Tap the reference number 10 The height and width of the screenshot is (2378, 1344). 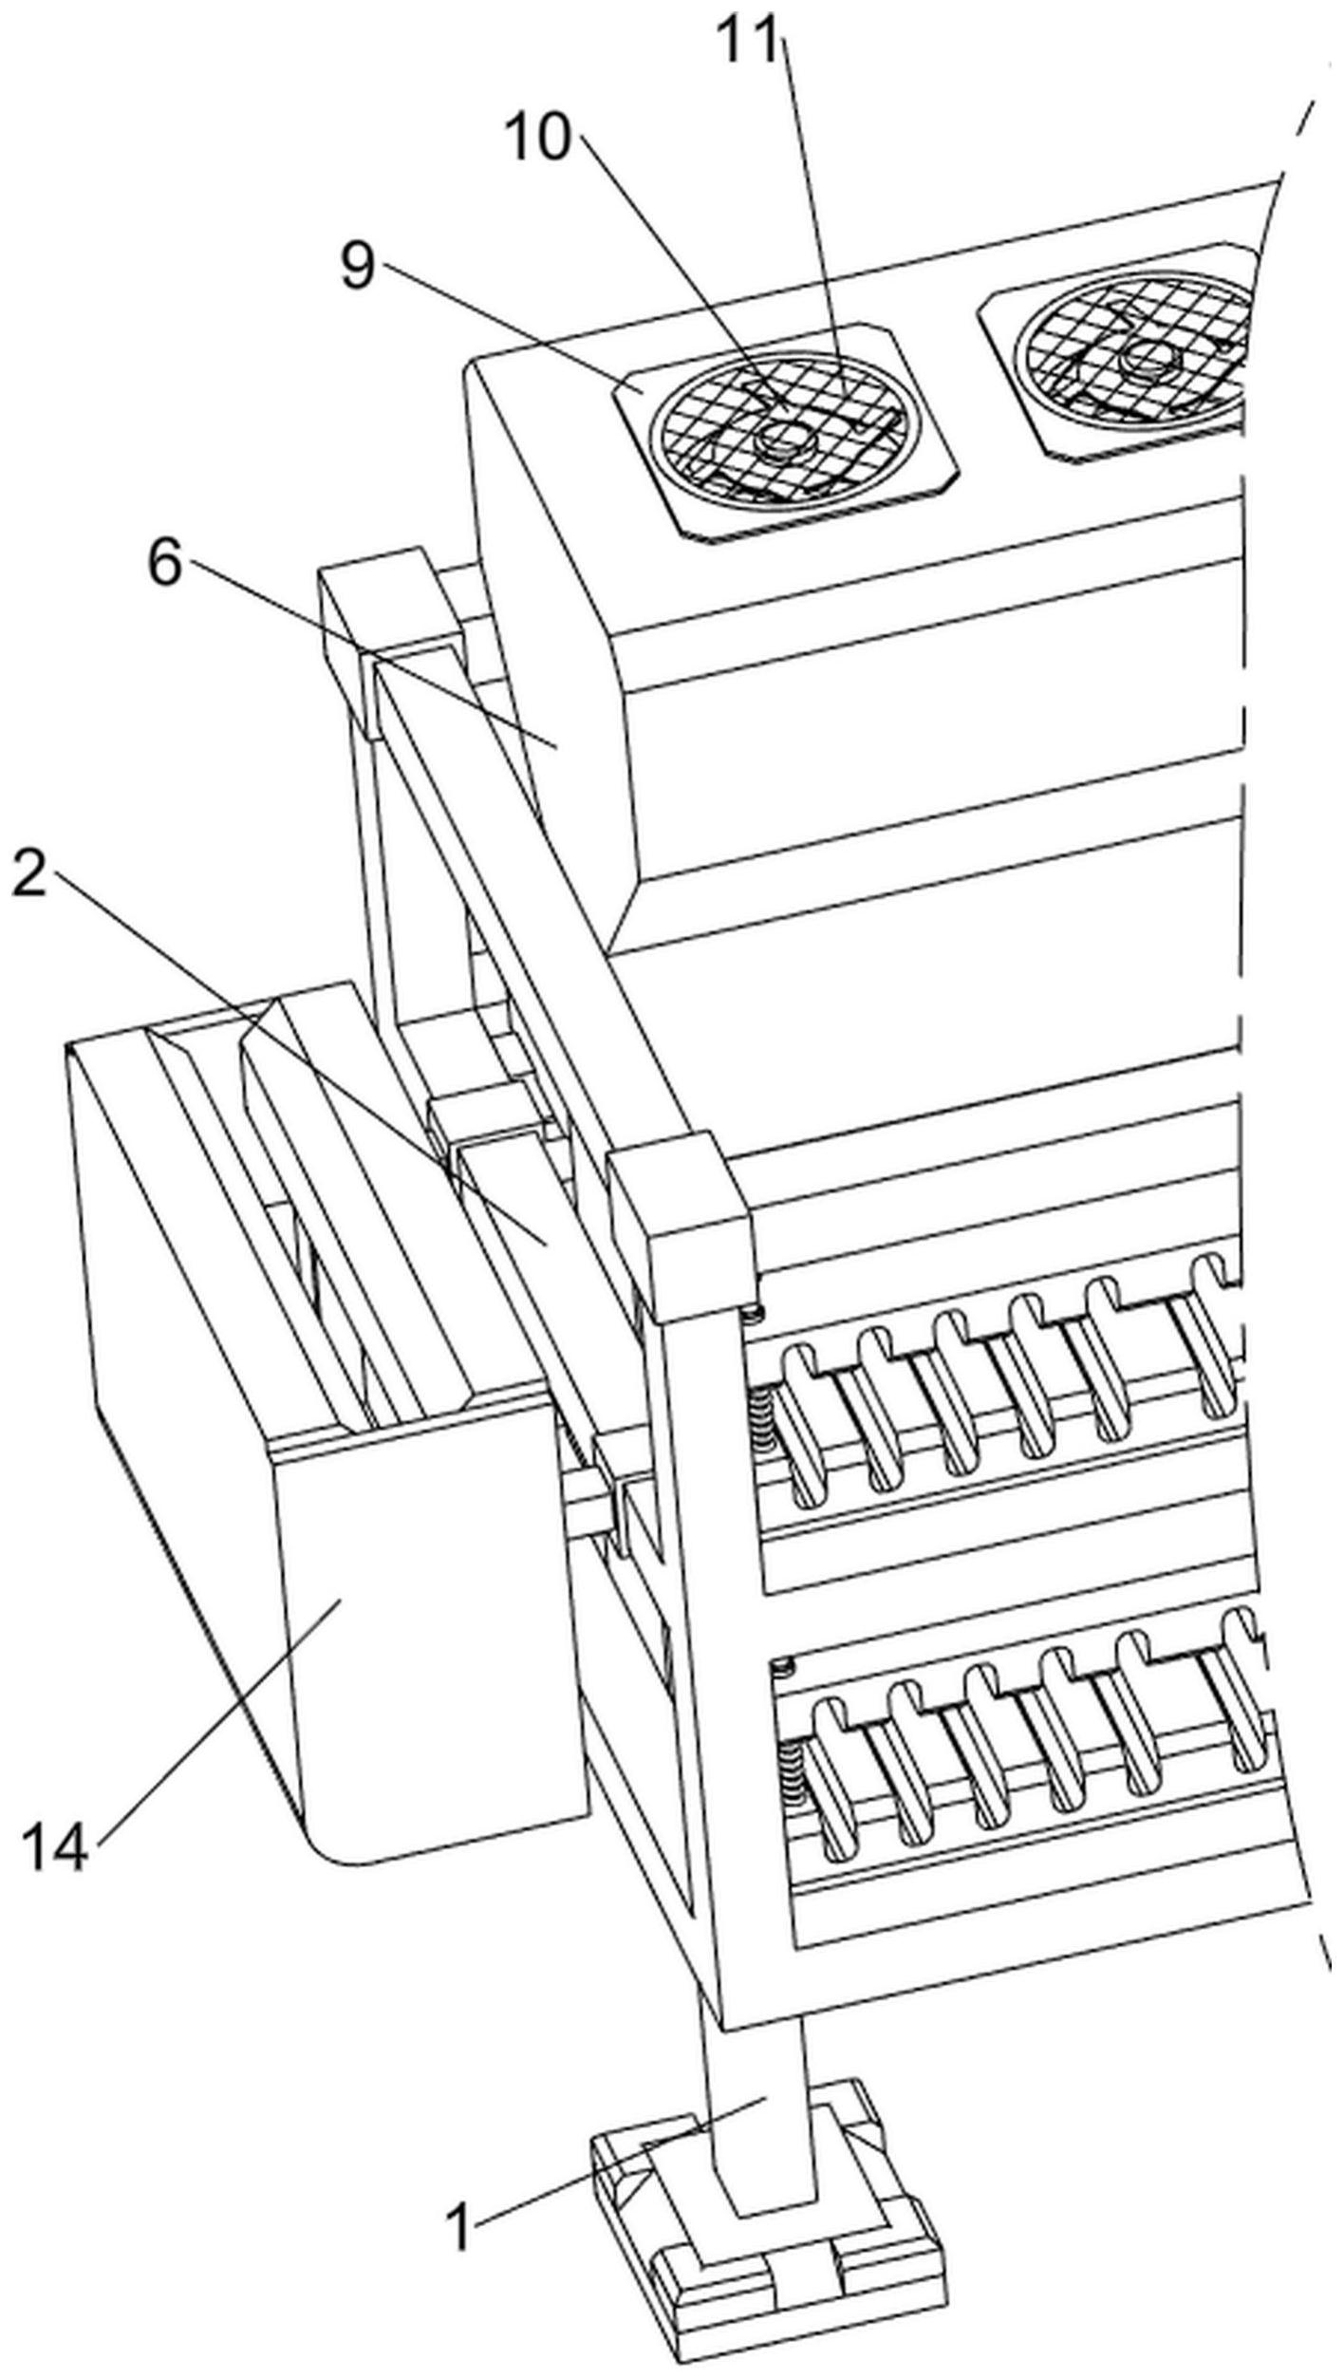point(538,139)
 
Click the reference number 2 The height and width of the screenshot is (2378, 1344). point(28,874)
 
